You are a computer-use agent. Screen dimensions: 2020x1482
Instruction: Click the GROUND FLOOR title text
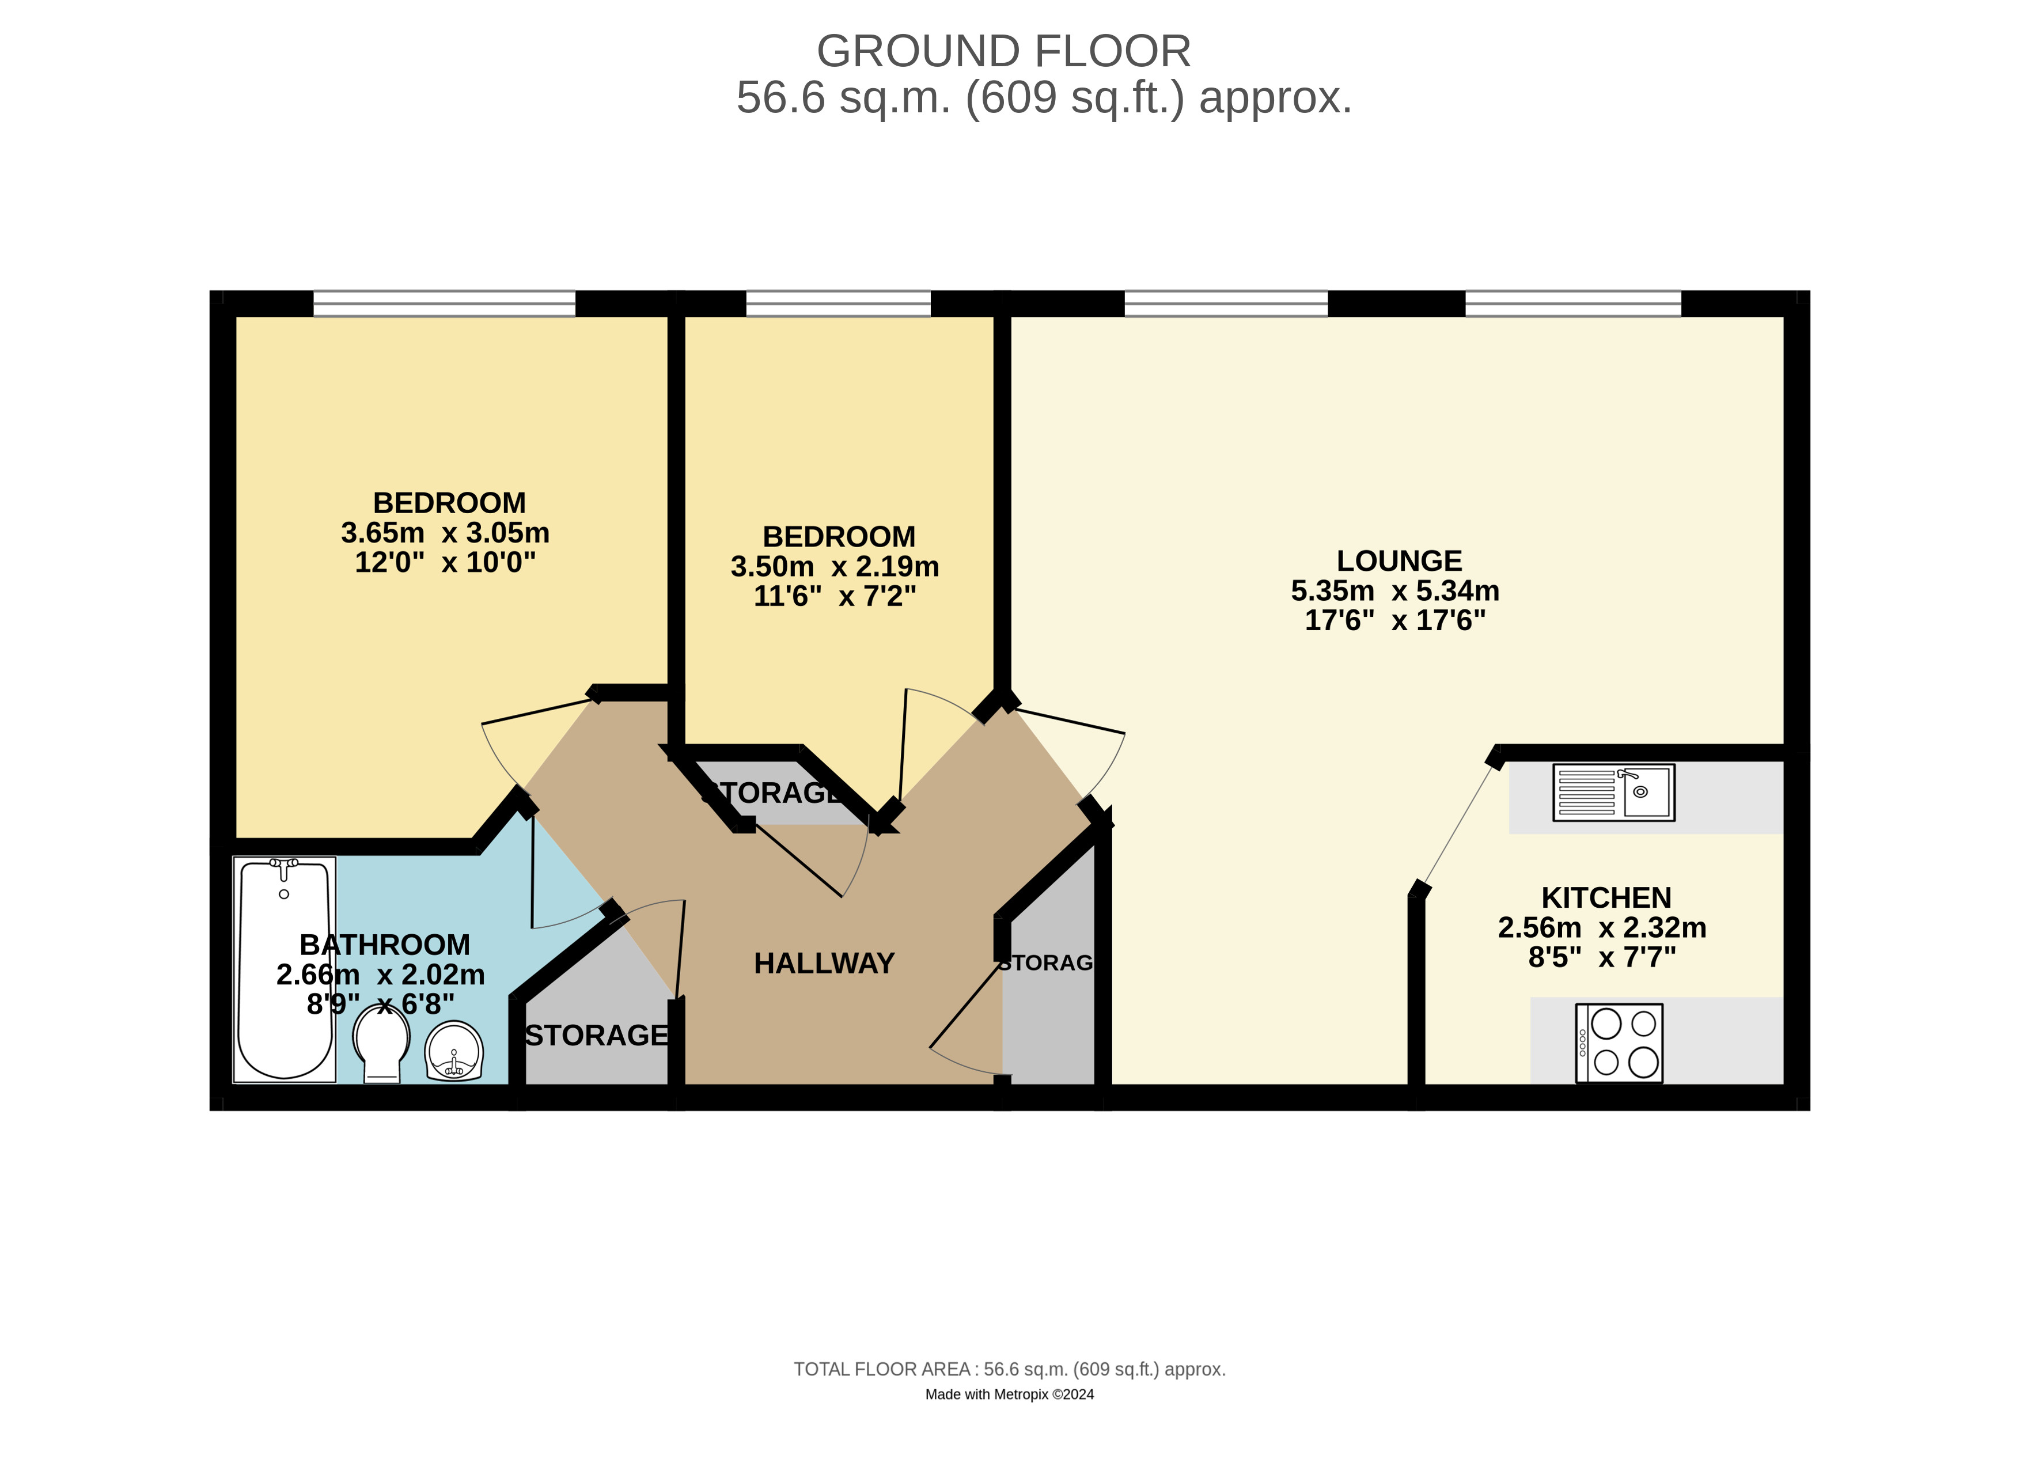(1004, 51)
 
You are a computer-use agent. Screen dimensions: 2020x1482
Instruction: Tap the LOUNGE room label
(1399, 560)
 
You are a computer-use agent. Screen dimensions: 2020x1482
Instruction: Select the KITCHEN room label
(1606, 898)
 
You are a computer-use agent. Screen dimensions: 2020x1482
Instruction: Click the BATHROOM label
(385, 945)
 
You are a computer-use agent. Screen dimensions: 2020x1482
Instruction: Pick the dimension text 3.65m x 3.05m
(445, 533)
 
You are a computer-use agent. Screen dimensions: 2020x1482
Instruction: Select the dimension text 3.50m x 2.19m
(835, 567)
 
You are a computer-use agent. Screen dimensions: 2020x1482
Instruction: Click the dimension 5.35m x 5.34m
(1396, 591)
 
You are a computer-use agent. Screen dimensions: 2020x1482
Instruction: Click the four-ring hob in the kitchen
(1619, 1043)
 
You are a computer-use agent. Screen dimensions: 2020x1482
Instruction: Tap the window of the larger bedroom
(444, 303)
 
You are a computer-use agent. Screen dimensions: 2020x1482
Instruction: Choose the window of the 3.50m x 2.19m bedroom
(839, 303)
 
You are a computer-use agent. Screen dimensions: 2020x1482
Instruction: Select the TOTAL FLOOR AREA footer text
(1009, 1370)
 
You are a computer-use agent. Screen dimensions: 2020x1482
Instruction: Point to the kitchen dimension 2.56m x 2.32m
(1602, 927)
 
